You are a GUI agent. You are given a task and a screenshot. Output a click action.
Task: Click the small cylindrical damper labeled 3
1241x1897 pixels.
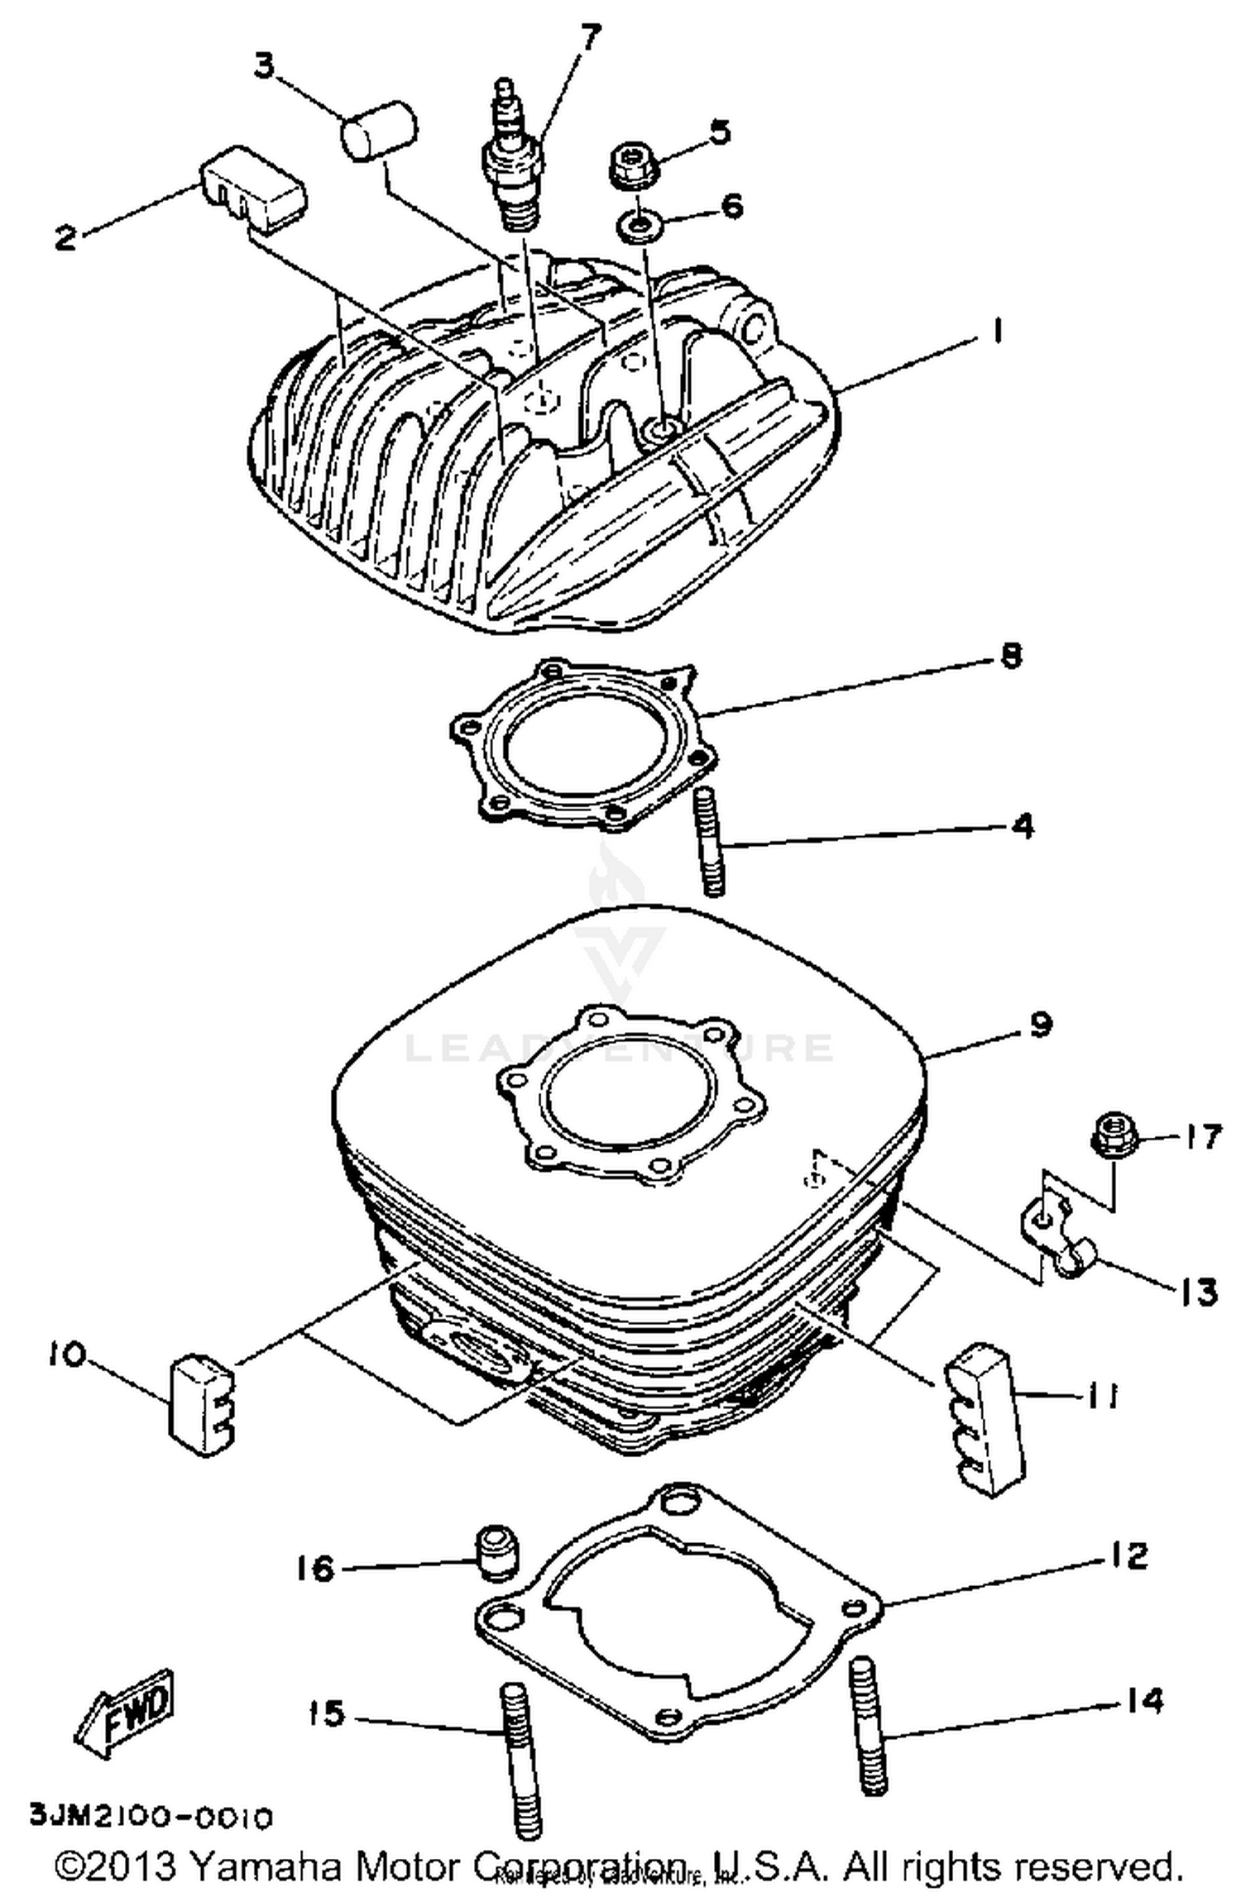[380, 130]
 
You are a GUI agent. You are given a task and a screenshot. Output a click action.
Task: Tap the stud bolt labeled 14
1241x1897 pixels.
[867, 1725]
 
